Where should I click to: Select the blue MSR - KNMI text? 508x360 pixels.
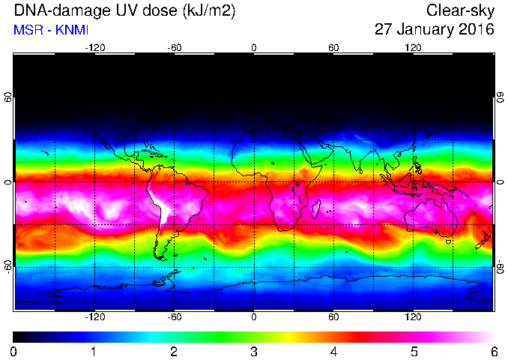tap(51, 30)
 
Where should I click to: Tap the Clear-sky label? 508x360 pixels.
tap(460, 12)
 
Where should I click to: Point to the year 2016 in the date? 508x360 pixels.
tap(477, 29)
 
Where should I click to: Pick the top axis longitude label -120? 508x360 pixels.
tap(95, 48)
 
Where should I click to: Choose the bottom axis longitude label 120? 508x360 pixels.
tap(413, 316)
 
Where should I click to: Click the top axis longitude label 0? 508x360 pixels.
tap(254, 48)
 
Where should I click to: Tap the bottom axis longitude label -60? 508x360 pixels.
tap(175, 316)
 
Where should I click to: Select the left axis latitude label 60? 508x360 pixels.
tap(7, 97)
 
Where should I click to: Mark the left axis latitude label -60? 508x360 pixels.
tap(7, 266)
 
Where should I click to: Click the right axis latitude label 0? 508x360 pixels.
tap(501, 182)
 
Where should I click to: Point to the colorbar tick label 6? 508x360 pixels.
tap(494, 352)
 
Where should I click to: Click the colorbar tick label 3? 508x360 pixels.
tap(254, 352)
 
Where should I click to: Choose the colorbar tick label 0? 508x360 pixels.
tap(13, 352)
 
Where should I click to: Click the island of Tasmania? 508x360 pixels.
tap(448, 241)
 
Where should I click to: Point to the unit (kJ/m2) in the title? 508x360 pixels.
tap(208, 12)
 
